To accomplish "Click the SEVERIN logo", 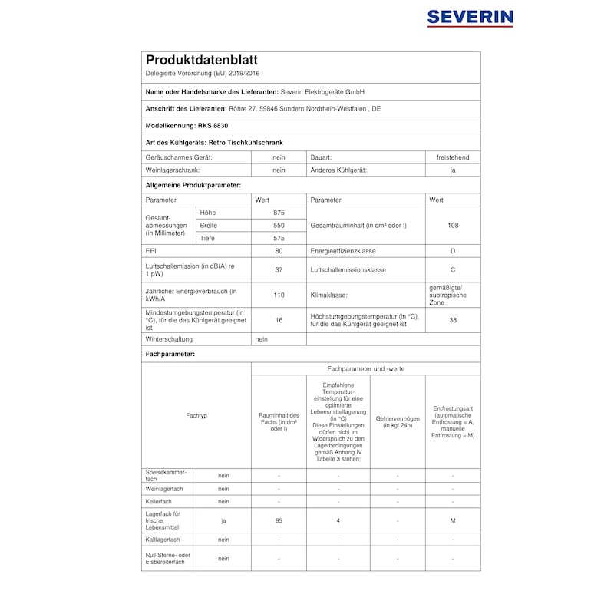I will (x=470, y=18).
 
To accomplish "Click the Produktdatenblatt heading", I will (x=202, y=60).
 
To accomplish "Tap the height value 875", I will (x=279, y=212).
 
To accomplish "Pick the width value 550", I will (x=279, y=226).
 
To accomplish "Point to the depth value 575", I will (x=279, y=239).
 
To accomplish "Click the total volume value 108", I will (x=453, y=226).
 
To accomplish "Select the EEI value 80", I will (x=279, y=251).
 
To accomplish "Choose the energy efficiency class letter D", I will (x=453, y=251).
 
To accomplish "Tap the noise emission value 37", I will (x=279, y=270).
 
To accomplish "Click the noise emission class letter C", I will (x=453, y=270).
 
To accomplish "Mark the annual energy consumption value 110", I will (x=279, y=295).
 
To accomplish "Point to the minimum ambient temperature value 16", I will (x=279, y=320).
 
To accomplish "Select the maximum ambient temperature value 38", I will (x=453, y=320).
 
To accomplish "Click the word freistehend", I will (x=453, y=157).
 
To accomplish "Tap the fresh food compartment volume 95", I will (x=279, y=521).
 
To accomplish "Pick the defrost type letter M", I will (x=453, y=521).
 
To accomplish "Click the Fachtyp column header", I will (x=196, y=415).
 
